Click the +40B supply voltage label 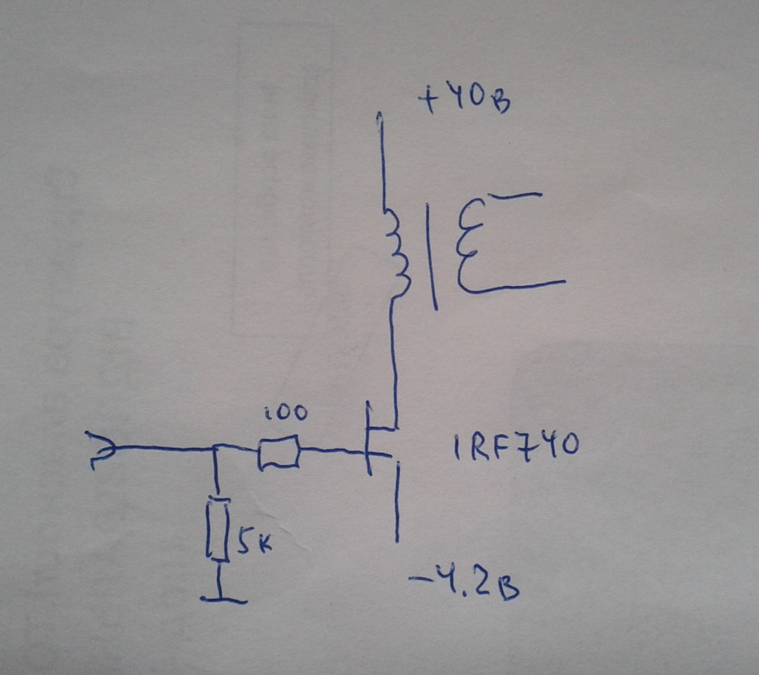(465, 103)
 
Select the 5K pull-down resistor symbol (218, 529)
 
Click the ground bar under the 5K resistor (223, 600)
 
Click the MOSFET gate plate (368, 439)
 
